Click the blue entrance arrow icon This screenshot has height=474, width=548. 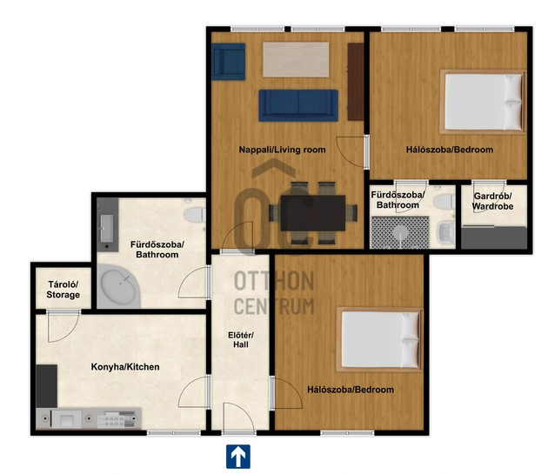pos(238,457)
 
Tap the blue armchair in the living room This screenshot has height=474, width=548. pos(229,62)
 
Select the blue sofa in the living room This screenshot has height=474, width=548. pos(298,105)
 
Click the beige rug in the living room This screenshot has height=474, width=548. pos(296,59)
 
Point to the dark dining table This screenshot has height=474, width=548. pos(313,213)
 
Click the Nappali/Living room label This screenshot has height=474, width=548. pos(282,150)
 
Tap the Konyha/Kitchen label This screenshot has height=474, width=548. pos(125,367)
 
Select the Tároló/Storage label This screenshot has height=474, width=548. pos(63,290)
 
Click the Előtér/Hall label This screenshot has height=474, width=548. pos(241,340)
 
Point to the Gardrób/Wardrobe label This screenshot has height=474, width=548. pos(493,201)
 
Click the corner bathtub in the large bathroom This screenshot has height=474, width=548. pos(118,286)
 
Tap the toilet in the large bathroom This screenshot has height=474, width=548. pos(195,215)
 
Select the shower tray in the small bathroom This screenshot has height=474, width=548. pos(400,232)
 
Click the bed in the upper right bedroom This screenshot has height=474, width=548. pos(483,102)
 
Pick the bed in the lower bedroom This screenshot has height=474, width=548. pos(379,339)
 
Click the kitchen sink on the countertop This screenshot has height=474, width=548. pos(67,418)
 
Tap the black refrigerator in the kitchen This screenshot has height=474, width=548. pos(46,386)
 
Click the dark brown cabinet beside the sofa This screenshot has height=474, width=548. pos(356,82)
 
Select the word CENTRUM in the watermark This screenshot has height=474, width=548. pos(274,306)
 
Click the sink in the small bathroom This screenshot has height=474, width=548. pos(446,231)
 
